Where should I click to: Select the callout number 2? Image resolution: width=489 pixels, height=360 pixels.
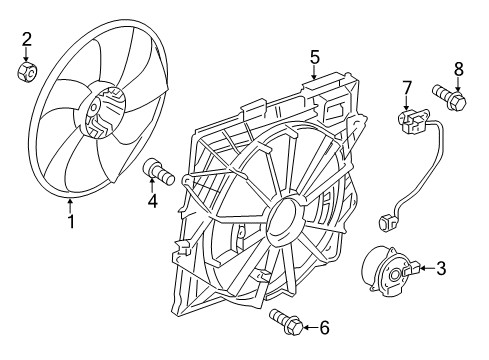[28, 39]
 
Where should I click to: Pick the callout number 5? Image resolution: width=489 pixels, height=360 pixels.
[314, 57]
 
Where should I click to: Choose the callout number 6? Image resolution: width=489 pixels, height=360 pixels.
[322, 326]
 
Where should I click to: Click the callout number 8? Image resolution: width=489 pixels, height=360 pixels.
[459, 69]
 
